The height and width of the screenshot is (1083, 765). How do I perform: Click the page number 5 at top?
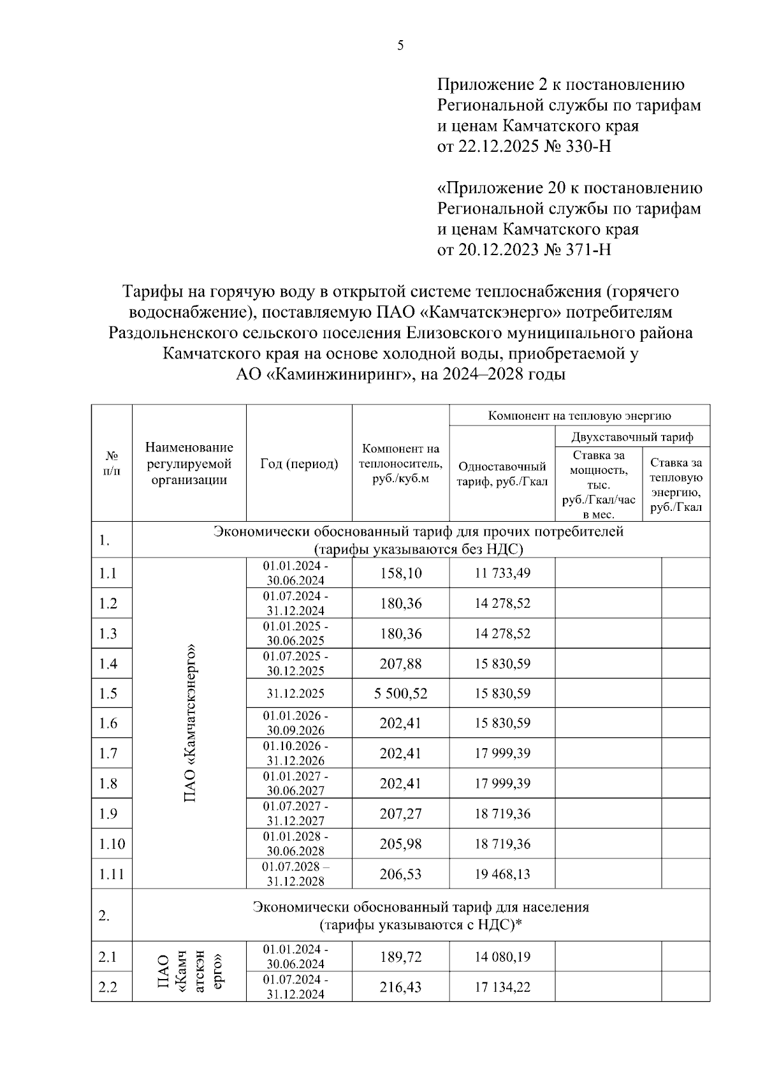(x=400, y=45)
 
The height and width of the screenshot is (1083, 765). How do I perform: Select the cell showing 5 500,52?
(x=400, y=693)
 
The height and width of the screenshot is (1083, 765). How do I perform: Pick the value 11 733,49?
(x=502, y=573)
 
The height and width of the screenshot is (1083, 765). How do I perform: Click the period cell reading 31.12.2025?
(x=296, y=693)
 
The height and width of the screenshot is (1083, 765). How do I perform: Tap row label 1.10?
(x=112, y=844)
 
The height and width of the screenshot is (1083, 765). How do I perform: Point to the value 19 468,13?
(x=502, y=874)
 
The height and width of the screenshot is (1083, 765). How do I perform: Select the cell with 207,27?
(x=400, y=814)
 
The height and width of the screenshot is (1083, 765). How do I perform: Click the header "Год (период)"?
(x=299, y=464)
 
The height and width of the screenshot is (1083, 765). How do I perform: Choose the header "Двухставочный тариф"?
(x=632, y=437)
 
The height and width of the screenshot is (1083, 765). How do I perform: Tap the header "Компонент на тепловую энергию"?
(x=579, y=416)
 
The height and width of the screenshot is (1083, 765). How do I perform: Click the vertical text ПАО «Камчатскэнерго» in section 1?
(x=189, y=723)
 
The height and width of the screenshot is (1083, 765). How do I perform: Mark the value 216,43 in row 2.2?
(x=400, y=987)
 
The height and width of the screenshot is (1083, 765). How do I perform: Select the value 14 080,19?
(x=502, y=957)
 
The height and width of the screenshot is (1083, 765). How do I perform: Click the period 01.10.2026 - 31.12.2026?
(x=296, y=753)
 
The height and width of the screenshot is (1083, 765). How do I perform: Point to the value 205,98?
(x=400, y=844)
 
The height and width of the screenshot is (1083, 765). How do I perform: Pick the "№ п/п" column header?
(x=112, y=464)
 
